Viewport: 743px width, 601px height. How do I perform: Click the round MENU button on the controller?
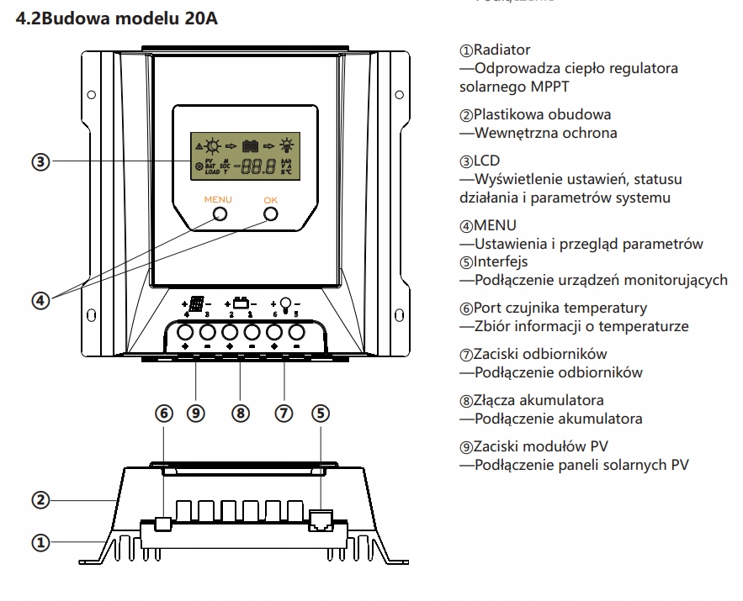tap(219, 214)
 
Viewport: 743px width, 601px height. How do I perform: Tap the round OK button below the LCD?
tap(270, 214)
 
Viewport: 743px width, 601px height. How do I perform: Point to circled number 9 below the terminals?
tap(196, 414)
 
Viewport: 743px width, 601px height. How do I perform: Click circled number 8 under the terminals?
tap(241, 414)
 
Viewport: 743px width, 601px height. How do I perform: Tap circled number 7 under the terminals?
tap(285, 414)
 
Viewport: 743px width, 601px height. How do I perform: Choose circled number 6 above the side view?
tap(165, 414)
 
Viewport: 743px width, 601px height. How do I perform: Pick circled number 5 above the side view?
tap(321, 414)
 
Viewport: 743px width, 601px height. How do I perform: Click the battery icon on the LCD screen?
tap(250, 145)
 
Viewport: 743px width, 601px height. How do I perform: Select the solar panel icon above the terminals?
tap(196, 303)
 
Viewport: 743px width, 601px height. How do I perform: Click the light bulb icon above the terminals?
tap(285, 303)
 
